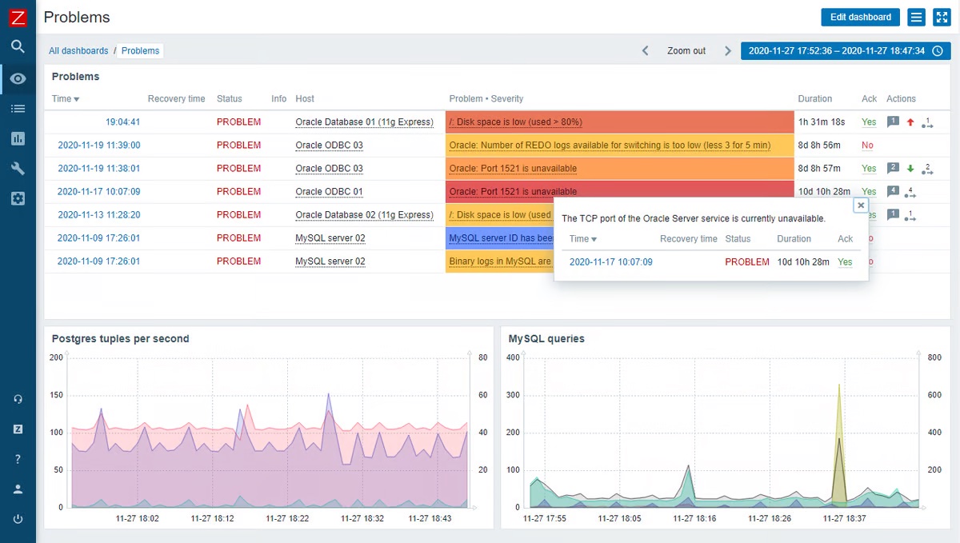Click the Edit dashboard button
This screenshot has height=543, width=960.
[860, 17]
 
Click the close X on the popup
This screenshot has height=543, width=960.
[861, 206]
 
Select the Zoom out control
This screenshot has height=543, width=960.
[686, 50]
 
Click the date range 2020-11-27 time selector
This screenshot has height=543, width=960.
[845, 50]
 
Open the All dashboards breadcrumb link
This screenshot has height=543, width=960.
[78, 50]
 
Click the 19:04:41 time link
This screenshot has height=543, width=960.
[122, 122]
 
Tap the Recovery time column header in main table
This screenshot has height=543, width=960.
[176, 98]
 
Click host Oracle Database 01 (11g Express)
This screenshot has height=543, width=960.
[364, 122]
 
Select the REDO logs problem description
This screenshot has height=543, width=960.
[610, 146]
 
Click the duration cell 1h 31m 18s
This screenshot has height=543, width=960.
[821, 122]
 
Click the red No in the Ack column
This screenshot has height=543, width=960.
[867, 146]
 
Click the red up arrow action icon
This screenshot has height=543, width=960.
[910, 122]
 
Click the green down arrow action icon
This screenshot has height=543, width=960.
[910, 169]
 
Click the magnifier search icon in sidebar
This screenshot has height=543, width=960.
[18, 46]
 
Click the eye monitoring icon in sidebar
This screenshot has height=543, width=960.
[18, 78]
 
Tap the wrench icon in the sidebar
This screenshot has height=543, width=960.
[18, 168]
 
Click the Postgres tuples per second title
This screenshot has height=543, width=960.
[120, 338]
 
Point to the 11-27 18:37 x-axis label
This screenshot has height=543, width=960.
[844, 518]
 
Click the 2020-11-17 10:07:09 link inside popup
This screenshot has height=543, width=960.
[610, 262]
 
